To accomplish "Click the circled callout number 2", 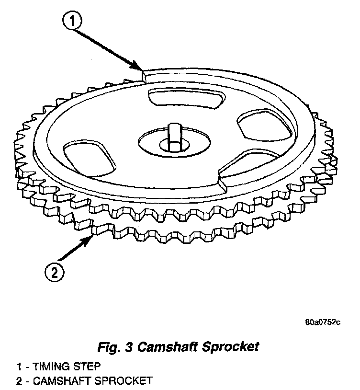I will (54, 272).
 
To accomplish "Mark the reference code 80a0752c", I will (322, 322).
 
